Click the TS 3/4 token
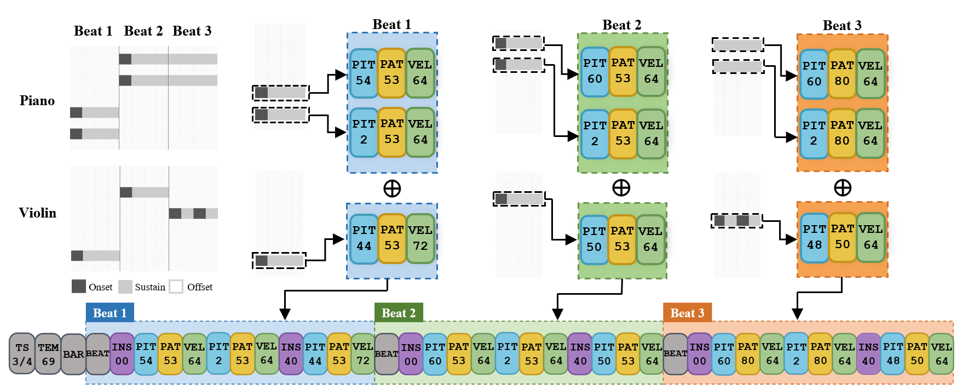tap(22, 354)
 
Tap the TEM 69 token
tap(48, 354)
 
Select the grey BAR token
tap(73, 354)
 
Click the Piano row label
tap(37, 101)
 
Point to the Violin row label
tap(37, 213)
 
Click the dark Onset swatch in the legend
tap(79, 287)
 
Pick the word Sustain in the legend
tap(150, 287)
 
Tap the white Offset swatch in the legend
tap(176, 287)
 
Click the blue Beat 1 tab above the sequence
tap(110, 313)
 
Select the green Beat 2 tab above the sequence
tap(399, 313)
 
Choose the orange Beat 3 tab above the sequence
tap(687, 313)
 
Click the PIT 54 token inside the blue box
tap(364, 73)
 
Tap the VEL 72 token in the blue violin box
tap(420, 238)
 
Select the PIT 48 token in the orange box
tap(814, 237)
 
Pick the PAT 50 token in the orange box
tap(842, 237)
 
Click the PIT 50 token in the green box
tap(593, 239)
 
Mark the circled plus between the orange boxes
tap(842, 188)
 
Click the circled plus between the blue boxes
tap(392, 188)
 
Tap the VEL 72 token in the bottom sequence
tap(363, 354)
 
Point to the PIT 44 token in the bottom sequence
tap(315, 354)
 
